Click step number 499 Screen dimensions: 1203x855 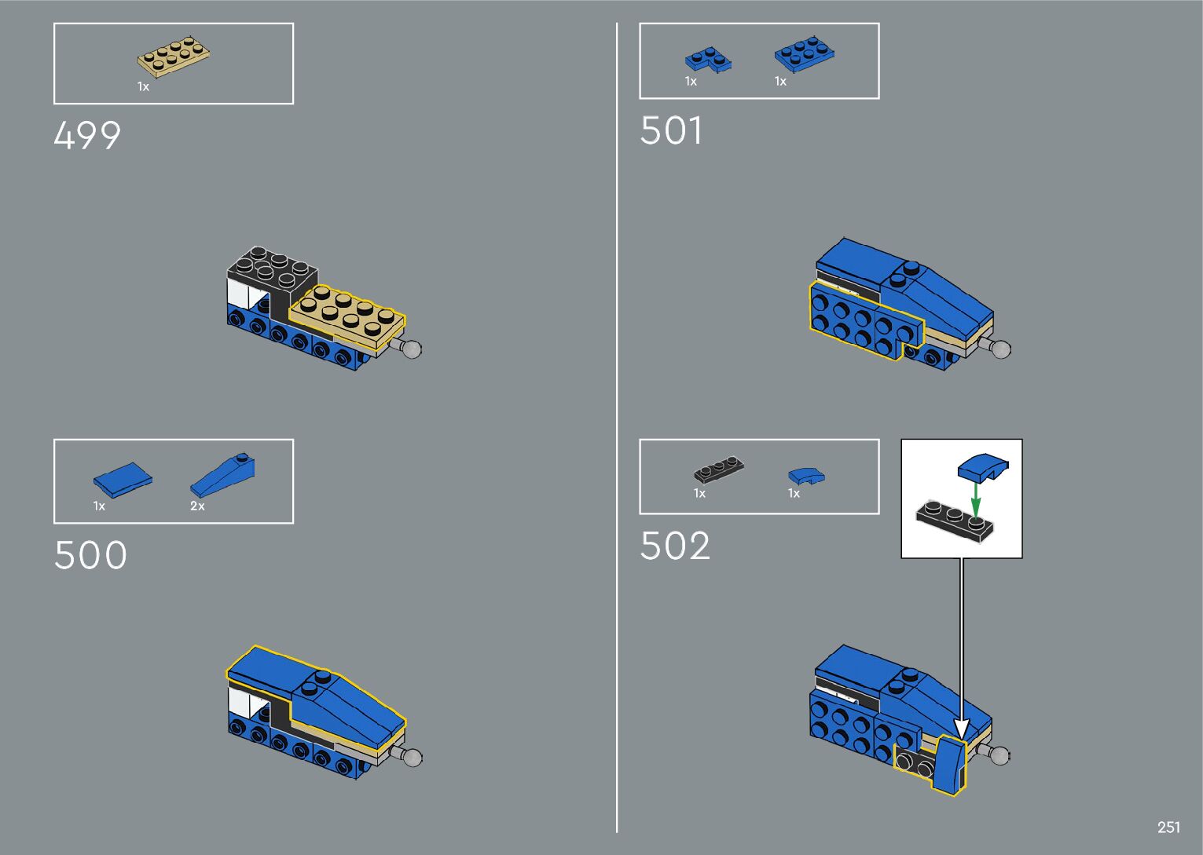pos(87,135)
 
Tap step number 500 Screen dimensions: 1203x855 pos(90,555)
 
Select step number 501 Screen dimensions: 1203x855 pos(671,130)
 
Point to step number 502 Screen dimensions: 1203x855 pos(675,546)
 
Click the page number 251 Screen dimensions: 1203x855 pos(1168,827)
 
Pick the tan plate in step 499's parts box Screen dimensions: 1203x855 pos(174,57)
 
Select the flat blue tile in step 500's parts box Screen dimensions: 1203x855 pos(123,479)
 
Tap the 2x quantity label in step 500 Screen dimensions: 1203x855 pos(197,506)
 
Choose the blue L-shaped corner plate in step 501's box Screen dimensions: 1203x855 pos(707,60)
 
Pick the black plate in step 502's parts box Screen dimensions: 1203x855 pos(719,470)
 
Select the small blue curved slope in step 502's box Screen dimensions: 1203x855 pos(806,476)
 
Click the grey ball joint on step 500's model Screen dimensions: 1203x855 pos(412,757)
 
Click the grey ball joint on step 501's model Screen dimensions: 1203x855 pos(1000,349)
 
